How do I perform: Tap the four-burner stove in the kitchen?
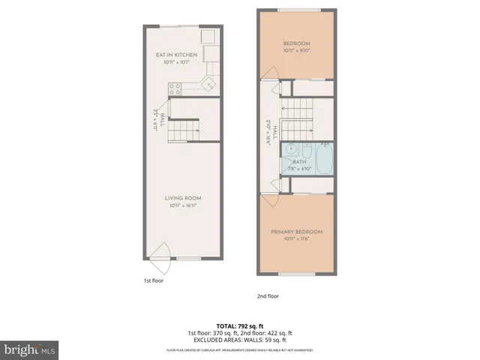175,88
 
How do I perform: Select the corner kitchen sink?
211,82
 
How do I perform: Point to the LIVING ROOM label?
184,198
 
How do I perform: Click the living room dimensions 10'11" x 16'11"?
184,205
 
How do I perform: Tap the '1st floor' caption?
154,280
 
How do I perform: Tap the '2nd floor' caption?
268,295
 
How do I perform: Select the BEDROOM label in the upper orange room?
295,44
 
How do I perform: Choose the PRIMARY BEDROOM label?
297,232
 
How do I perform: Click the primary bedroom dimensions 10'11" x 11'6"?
297,239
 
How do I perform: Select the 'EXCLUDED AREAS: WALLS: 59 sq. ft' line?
240,339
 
